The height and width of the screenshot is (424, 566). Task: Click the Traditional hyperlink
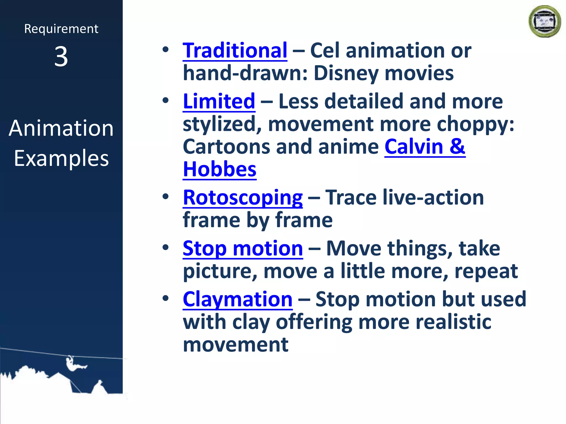[235, 51]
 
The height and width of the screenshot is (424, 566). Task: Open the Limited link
[219, 102]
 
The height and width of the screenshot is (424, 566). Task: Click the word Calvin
[414, 147]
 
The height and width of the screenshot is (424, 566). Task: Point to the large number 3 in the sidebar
[61, 57]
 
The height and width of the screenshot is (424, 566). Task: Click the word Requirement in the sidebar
[61, 29]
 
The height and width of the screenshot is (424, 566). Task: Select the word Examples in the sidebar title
[61, 158]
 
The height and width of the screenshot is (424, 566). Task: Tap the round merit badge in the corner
[544, 22]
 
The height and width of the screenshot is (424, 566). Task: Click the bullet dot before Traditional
[166, 50]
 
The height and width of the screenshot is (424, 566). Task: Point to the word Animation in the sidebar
[61, 128]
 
